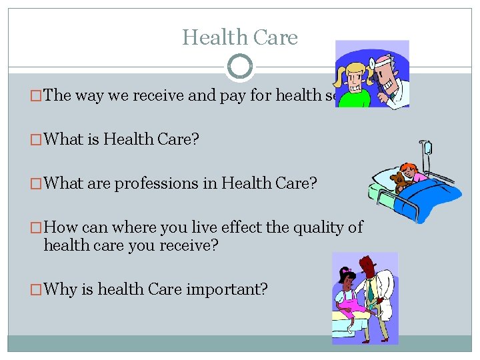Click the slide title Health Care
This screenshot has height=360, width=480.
coord(240,37)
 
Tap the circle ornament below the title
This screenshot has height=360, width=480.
coord(240,67)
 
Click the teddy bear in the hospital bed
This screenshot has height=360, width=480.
coord(400,181)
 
